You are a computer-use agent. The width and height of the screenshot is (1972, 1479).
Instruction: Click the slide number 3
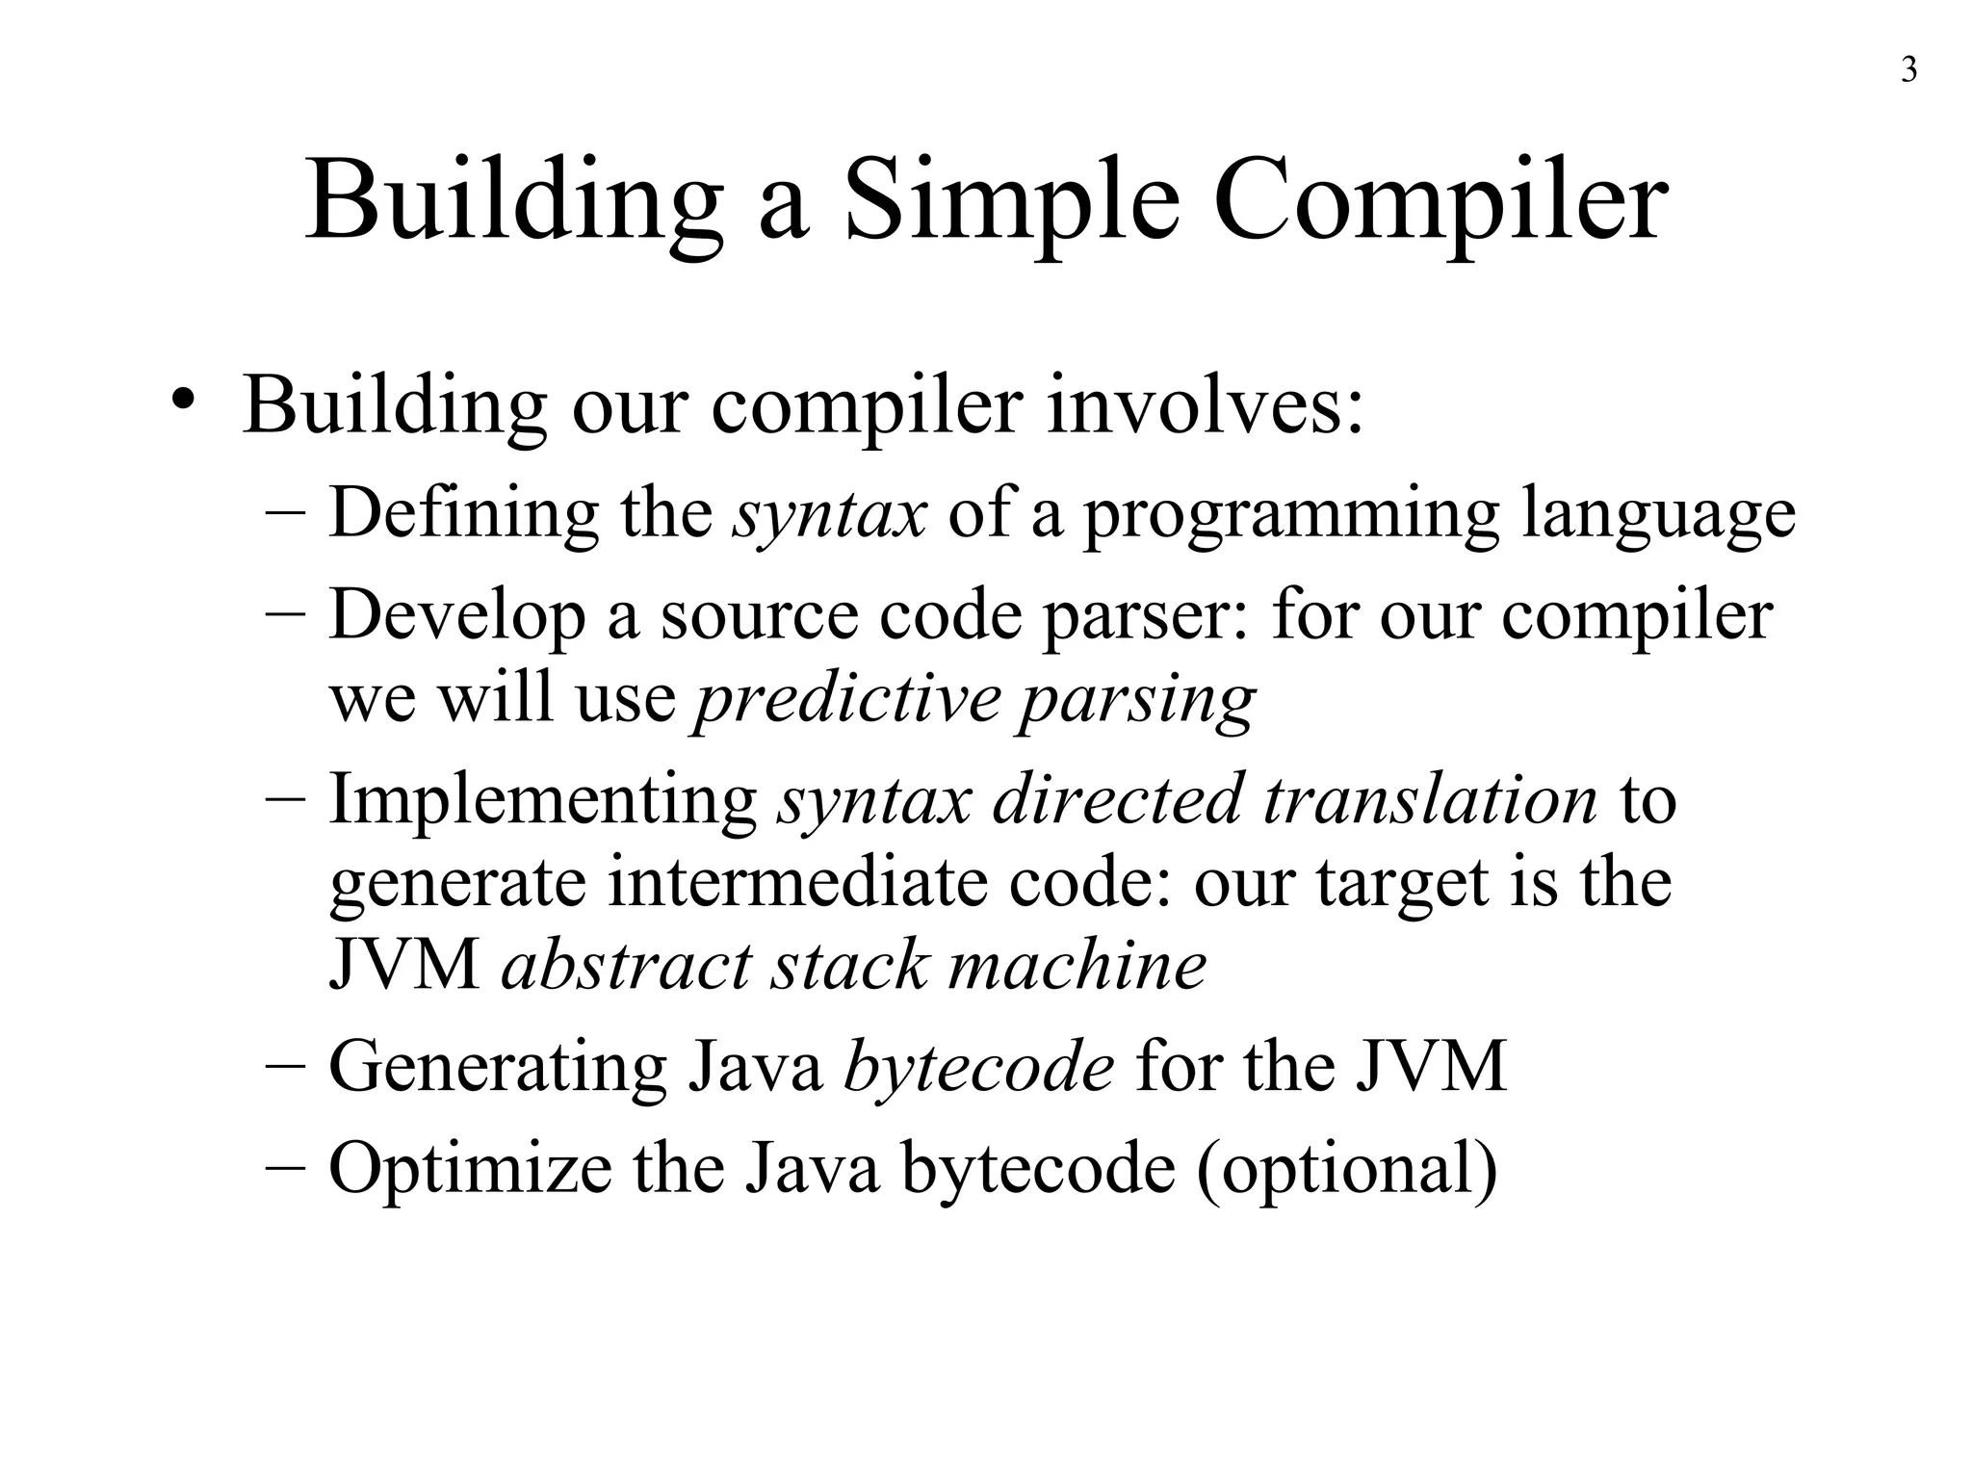coord(1908,71)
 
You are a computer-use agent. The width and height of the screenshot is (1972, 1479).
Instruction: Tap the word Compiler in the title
coord(1440,202)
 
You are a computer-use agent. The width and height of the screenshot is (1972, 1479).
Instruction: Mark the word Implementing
coord(543,799)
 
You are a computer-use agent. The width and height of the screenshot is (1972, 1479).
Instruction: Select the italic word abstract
coord(626,965)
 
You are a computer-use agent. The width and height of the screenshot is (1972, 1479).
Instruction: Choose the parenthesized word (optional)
coord(1347,1168)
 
